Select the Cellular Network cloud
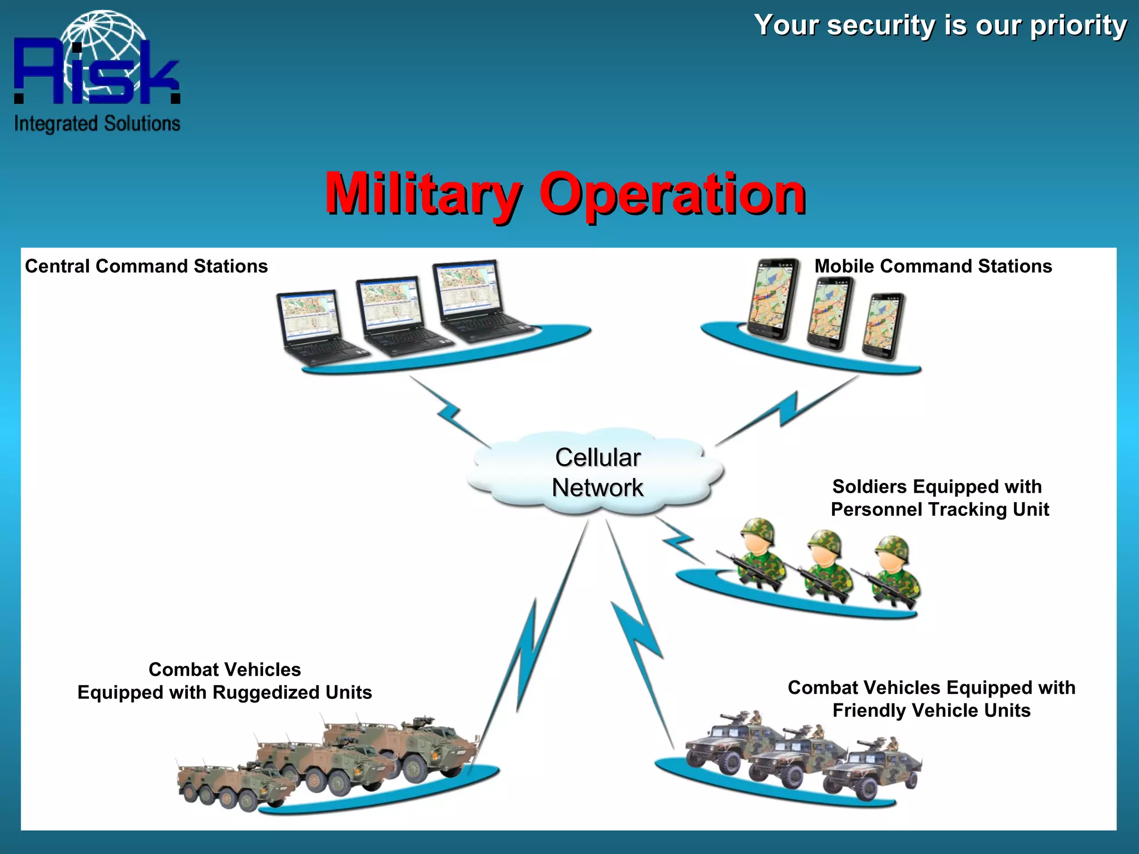(x=597, y=473)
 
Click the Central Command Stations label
(x=146, y=266)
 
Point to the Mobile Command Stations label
(x=933, y=266)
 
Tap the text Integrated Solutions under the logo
(x=97, y=123)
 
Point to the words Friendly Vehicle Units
(x=931, y=711)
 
